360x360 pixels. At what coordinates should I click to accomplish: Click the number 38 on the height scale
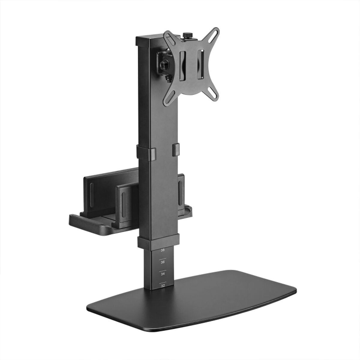pos(163,250)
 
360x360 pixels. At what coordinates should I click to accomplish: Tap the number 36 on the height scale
pos(163,262)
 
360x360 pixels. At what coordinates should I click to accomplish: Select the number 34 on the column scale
pos(163,274)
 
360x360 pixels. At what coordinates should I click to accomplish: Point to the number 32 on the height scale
pos(163,286)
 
